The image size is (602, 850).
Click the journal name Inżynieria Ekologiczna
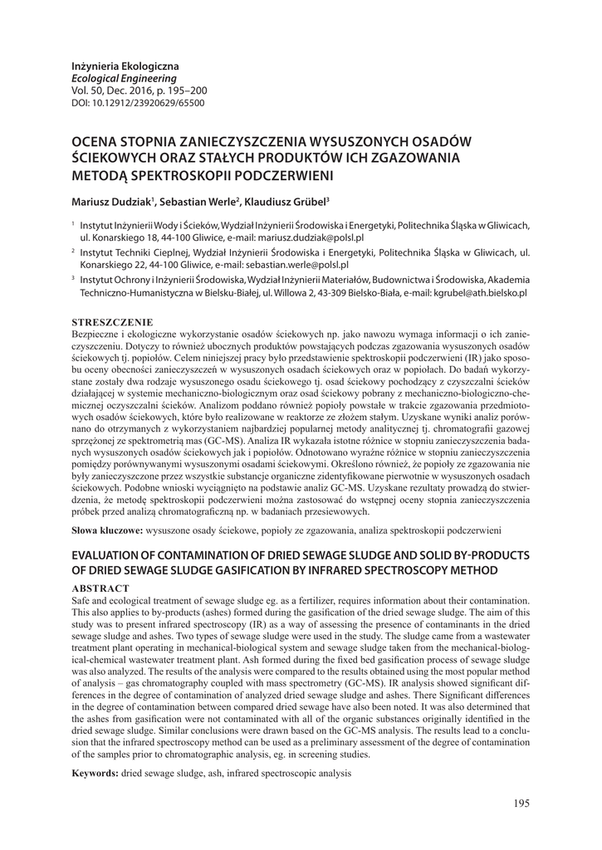pyautogui.click(x=125, y=66)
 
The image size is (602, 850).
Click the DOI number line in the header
pyautogui.click(x=138, y=103)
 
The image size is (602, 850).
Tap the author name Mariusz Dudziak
pyautogui.click(x=111, y=201)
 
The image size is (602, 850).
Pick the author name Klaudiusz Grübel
pyautogui.click(x=286, y=201)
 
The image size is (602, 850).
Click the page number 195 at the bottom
pyautogui.click(x=521, y=804)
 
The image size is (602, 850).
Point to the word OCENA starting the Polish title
pyautogui.click(x=96, y=140)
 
